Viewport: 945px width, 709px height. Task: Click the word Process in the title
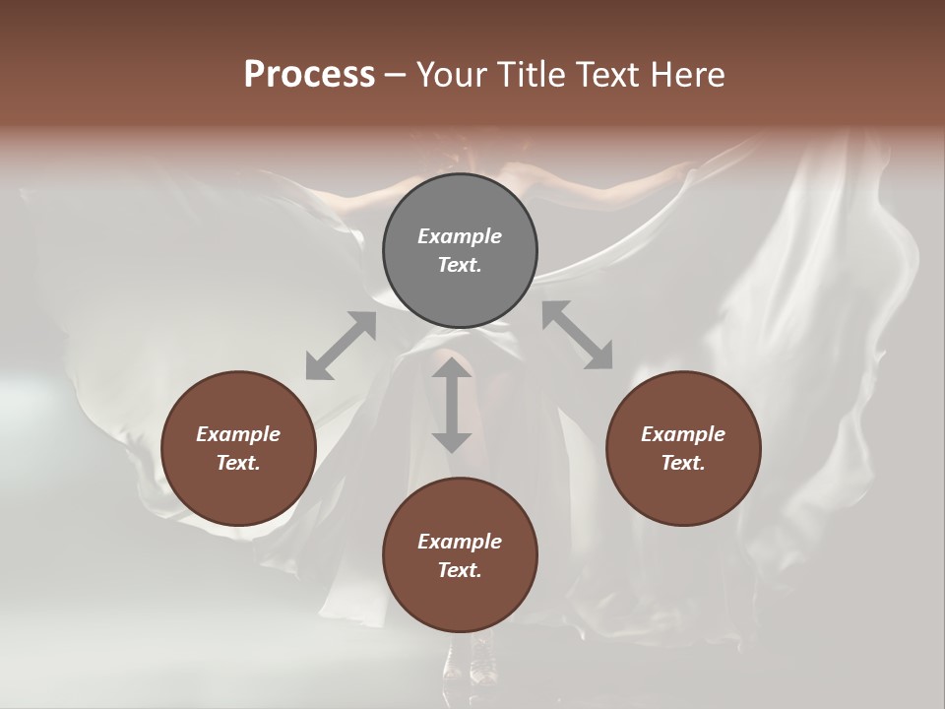point(309,75)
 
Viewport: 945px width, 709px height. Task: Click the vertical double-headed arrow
point(452,405)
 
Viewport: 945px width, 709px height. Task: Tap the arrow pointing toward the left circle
point(341,346)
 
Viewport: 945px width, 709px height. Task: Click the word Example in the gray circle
point(460,236)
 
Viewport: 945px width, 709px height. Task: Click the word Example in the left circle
point(238,434)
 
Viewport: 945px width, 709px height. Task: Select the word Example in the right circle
point(683,434)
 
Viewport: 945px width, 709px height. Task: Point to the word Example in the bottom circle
point(460,542)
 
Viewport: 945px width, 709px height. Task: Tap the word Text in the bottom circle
point(460,570)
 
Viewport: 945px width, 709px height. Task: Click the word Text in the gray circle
point(460,265)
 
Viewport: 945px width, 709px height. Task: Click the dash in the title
point(396,76)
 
